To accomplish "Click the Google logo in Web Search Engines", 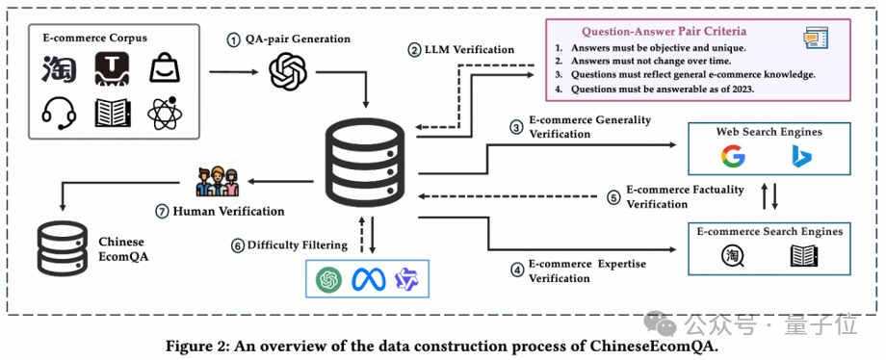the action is pos(732,156).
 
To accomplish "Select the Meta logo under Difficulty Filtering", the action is pos(369,279).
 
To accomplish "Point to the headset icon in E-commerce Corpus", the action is pos(59,113).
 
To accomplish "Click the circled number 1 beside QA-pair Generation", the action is pos(233,40).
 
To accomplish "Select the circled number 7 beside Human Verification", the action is pos(162,212).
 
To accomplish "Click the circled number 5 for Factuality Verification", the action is pos(613,197).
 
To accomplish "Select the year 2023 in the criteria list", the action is pos(742,89).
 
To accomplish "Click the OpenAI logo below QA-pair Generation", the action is pos(288,70).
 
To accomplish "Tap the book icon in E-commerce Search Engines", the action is pos(804,256).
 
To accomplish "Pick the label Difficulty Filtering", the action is pos(298,245).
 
